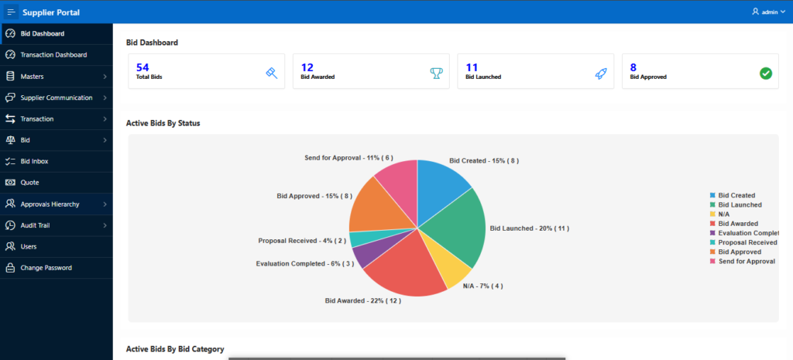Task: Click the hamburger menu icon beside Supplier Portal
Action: tap(11, 12)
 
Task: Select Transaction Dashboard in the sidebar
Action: tap(53, 55)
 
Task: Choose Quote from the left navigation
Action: tap(29, 183)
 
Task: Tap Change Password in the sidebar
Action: tap(46, 268)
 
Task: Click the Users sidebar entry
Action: tap(29, 246)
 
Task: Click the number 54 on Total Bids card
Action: tap(142, 67)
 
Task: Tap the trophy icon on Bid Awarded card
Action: tap(436, 73)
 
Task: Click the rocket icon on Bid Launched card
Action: tap(601, 73)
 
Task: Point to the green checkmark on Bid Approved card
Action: tap(765, 73)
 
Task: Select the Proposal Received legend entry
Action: tap(747, 242)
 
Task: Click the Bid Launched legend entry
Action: tap(739, 204)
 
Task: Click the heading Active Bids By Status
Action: tap(163, 123)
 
